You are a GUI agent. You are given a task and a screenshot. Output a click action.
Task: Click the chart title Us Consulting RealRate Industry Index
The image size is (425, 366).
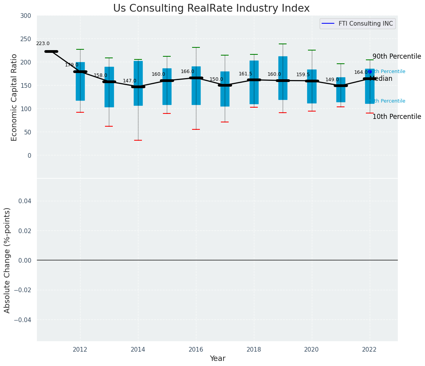pos(211,9)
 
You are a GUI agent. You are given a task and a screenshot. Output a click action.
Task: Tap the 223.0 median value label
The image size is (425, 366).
pos(43,44)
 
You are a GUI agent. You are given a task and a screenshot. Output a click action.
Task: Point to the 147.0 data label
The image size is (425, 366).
pos(129,81)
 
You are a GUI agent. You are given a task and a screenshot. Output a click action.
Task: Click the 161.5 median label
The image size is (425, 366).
pos(245,74)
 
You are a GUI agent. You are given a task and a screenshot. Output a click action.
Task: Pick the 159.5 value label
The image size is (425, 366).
pos(303,75)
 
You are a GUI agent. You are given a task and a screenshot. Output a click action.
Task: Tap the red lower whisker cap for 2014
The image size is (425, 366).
pos(138,140)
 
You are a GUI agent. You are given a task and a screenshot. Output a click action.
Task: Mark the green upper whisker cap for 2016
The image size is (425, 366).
pos(196,47)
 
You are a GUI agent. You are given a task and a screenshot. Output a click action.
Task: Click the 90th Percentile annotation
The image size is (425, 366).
pos(397,57)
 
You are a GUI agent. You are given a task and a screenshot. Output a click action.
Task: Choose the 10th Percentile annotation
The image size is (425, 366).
pos(397,117)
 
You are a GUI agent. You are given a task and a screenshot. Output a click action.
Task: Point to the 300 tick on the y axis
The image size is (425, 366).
pos(26,16)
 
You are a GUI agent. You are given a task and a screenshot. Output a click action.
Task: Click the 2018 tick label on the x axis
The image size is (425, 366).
pos(254,350)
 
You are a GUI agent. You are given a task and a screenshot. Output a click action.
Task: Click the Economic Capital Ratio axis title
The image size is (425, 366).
pos(14,97)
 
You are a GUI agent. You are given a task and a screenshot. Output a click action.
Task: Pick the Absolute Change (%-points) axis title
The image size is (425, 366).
pos(7,260)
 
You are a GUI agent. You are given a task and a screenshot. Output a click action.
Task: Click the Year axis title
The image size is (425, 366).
pos(217,359)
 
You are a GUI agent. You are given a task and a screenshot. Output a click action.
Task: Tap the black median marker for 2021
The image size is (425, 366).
pos(341,85)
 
